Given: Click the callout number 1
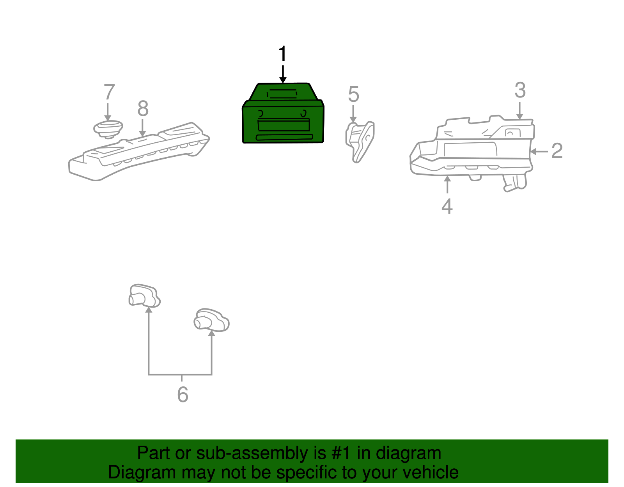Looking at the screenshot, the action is click(x=283, y=53).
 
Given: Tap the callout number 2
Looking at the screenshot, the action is click(x=557, y=151).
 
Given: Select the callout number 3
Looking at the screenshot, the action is click(x=520, y=90).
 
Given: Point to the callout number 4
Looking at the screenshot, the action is click(x=447, y=206).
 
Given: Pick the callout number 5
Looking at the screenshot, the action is click(x=353, y=94).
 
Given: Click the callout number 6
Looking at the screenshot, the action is click(x=183, y=395).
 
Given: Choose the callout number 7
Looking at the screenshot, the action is click(x=109, y=92).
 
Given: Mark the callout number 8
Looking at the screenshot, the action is click(x=143, y=108).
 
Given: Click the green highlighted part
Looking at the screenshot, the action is click(x=283, y=115).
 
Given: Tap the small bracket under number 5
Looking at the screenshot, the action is click(x=360, y=142).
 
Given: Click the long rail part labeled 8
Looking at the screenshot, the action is click(x=138, y=152).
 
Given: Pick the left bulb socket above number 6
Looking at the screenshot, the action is click(x=144, y=296).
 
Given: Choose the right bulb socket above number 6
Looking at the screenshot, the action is click(x=211, y=320).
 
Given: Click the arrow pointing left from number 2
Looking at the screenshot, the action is click(x=539, y=151).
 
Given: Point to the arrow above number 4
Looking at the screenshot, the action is click(x=447, y=185).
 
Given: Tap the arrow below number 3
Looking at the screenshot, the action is click(x=519, y=111).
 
